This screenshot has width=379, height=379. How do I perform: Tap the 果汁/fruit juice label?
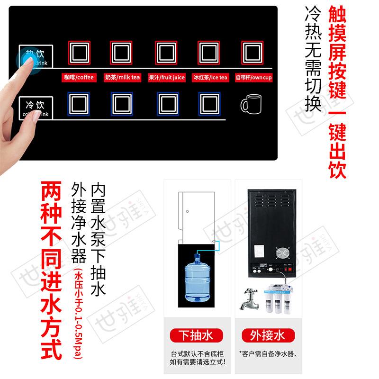(x=167, y=77)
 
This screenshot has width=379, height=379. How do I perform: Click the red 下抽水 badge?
(x=195, y=336)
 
